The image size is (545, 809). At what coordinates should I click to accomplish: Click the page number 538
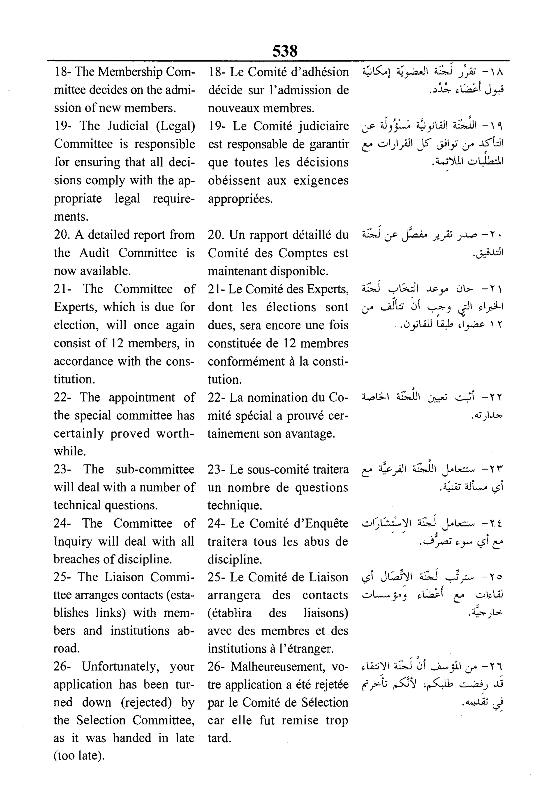285,51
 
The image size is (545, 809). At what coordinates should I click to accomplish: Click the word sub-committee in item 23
155,469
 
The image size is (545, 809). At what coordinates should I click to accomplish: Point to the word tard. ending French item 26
219,738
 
